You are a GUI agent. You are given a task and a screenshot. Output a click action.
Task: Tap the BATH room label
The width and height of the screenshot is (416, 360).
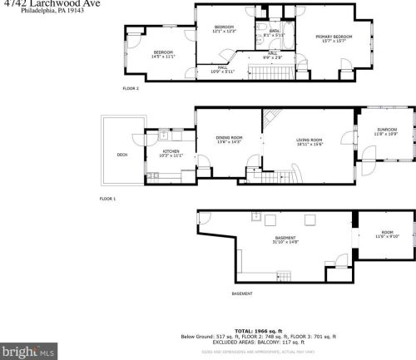(x=275, y=33)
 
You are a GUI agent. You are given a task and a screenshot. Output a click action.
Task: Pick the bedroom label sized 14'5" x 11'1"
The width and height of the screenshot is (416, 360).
(x=162, y=54)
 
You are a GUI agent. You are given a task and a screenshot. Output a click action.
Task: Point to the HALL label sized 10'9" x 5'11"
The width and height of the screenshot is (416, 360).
(x=222, y=69)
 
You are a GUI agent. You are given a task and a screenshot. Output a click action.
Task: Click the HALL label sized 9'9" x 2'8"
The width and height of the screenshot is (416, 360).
(x=273, y=55)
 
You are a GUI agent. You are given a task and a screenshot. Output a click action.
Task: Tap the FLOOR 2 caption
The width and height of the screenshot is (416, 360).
(x=131, y=88)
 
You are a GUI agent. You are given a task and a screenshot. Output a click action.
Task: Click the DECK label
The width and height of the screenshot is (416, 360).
(x=122, y=154)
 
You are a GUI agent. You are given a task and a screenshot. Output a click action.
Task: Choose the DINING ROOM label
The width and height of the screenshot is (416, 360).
(x=230, y=139)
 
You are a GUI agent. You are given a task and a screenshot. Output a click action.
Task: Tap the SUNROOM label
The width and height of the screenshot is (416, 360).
(x=387, y=131)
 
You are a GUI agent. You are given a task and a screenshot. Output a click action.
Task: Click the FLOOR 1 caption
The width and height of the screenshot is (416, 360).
(x=107, y=199)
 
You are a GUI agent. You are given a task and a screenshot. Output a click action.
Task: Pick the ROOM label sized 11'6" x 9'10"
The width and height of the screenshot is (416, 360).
(x=387, y=234)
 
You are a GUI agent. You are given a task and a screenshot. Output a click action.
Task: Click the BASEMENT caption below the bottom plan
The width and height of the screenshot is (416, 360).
(x=242, y=293)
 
